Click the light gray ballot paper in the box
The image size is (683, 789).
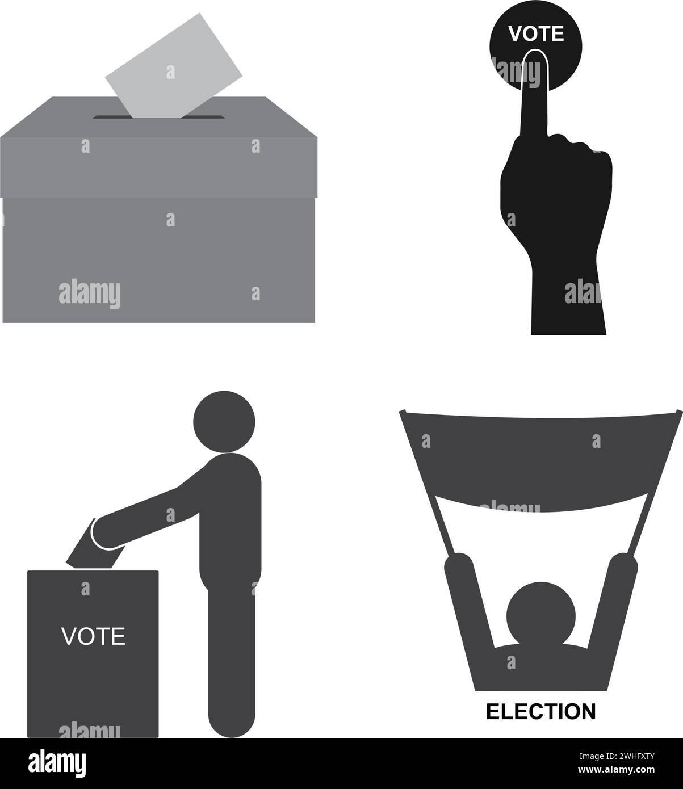coord(174,67)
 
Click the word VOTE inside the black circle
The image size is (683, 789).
coord(536,33)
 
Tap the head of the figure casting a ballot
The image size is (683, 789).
coord(224,421)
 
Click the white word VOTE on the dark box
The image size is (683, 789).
coord(93,636)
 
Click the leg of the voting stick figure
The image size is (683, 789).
coord(232,664)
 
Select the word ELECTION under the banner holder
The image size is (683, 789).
coord(540,711)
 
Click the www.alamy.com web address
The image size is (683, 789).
coord(616,770)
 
